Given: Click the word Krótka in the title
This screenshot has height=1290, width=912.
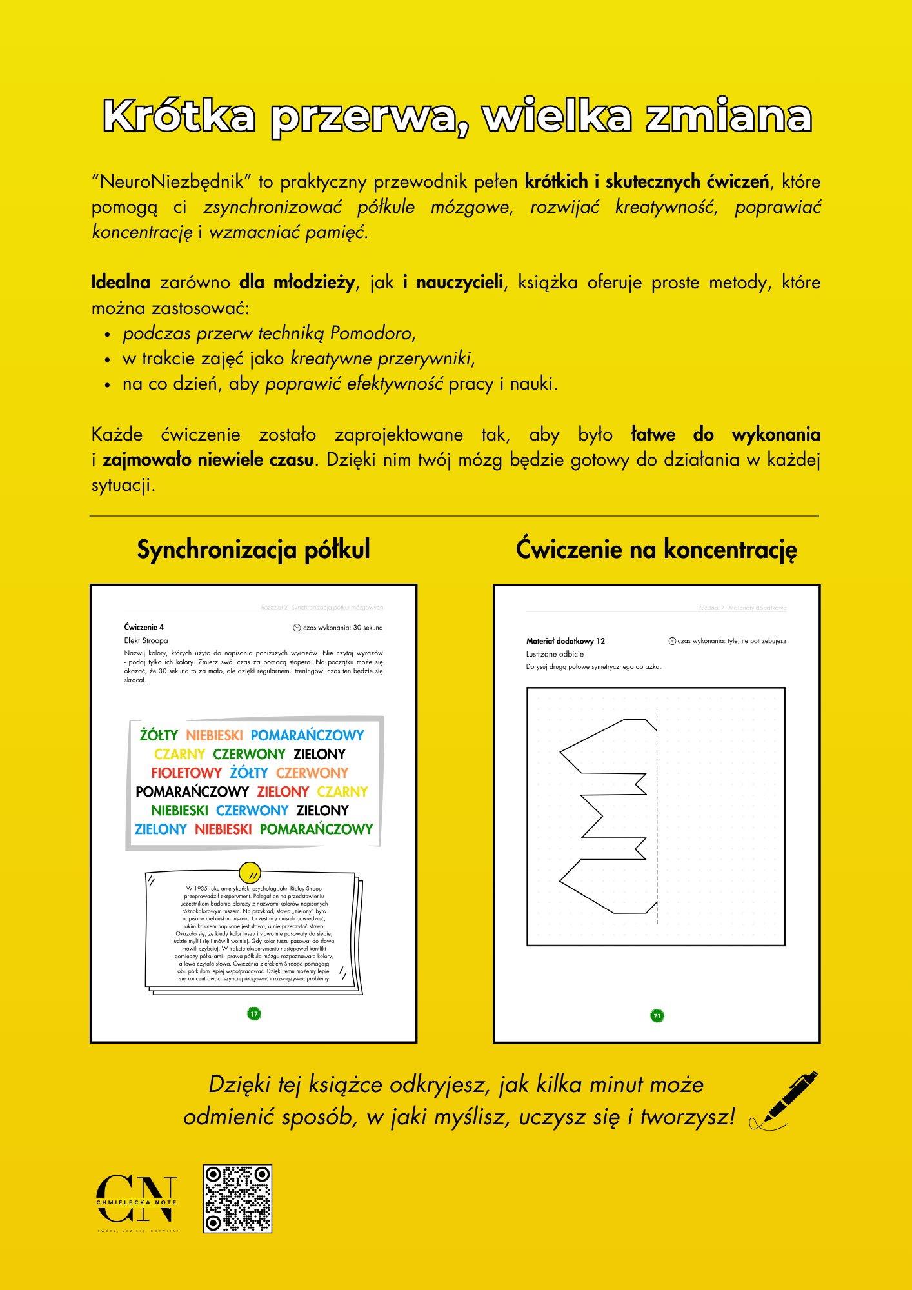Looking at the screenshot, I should click(179, 117).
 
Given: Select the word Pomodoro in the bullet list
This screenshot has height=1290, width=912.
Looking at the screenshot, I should click(371, 333).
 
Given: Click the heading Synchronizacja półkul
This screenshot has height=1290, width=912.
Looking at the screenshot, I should click(253, 550).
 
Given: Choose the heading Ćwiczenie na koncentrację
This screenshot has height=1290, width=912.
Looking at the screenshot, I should click(657, 550).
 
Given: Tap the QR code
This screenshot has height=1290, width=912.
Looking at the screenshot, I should click(237, 1198).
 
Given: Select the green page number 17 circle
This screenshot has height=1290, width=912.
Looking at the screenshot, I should click(254, 1014).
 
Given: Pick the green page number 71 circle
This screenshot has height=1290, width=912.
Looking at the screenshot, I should click(657, 1016).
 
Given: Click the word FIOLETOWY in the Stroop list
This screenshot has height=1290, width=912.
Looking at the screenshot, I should click(186, 773).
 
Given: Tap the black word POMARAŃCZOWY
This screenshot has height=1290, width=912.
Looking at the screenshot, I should click(192, 791).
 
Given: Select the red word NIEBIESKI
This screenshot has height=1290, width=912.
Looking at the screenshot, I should click(223, 829).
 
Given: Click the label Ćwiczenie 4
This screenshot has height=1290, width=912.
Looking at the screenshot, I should click(144, 627).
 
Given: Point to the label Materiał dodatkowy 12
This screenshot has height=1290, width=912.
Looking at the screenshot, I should click(566, 641).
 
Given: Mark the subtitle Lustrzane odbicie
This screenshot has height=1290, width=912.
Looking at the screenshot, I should click(555, 654).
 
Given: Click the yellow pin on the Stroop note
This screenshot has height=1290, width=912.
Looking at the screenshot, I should click(250, 872).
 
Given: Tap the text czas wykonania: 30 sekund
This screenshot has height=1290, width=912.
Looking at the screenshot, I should click(342, 628).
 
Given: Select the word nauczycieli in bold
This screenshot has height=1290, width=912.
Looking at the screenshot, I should click(459, 283).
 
